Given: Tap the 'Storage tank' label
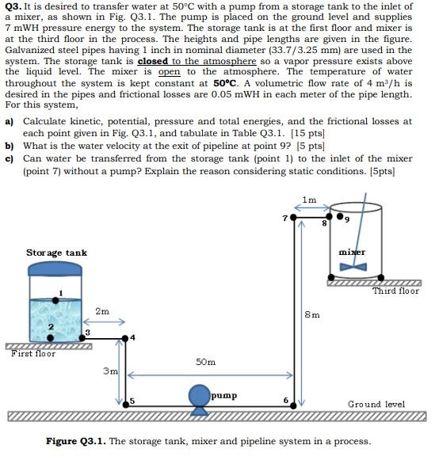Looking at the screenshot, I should pos(56,253).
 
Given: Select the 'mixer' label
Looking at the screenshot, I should pos(351,252).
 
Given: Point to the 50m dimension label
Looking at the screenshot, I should pos(206,362).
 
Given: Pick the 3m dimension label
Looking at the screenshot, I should pos(111,370).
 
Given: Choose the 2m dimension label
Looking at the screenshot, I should pos(102,311).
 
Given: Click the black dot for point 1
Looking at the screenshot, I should pos(58,299).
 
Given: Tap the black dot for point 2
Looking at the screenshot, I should pos(51,337).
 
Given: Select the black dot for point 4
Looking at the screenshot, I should pos(124,337).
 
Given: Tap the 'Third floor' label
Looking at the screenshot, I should pos(395,291).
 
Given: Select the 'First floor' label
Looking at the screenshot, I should pos(33,353).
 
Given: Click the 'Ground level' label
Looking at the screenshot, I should pos(376,404).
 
